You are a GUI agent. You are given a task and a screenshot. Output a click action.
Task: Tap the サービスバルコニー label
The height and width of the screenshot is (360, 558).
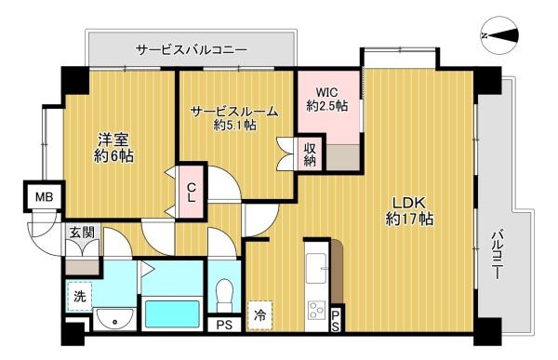(x=191, y=48)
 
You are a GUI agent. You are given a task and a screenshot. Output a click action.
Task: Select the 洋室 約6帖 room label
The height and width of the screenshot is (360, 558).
(x=115, y=149)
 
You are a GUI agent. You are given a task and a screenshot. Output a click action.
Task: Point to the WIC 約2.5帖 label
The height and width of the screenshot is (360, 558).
(x=327, y=100)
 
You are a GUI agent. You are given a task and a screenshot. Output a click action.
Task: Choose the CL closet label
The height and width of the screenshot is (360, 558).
(x=192, y=193)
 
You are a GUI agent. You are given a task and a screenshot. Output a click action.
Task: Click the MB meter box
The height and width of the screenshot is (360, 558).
(x=44, y=198)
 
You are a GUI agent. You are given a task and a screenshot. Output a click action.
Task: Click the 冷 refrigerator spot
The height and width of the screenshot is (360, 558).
(x=262, y=314)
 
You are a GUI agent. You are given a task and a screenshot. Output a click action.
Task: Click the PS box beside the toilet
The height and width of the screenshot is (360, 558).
(x=223, y=326)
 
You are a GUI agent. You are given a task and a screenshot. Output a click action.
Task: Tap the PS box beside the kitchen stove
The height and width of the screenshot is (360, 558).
(x=335, y=320)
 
